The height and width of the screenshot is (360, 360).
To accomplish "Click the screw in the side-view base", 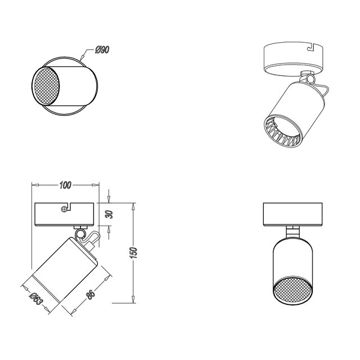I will pyautogui.click(x=65, y=209).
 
